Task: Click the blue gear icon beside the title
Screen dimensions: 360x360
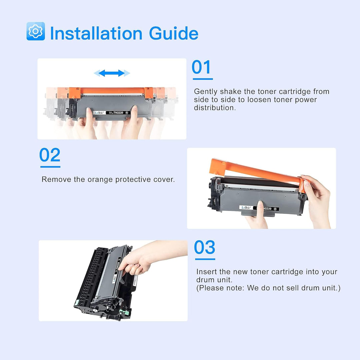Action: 36,31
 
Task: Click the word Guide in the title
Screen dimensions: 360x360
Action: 174,33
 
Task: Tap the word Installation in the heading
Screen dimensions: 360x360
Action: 96,33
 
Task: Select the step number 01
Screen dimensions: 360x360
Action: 201,67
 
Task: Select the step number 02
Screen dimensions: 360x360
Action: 50,155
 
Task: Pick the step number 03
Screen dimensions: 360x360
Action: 205,247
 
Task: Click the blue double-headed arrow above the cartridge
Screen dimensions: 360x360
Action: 112,73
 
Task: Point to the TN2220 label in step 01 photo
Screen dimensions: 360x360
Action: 118,113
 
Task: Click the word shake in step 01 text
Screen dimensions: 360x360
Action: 231,92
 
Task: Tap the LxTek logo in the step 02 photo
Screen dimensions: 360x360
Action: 246,208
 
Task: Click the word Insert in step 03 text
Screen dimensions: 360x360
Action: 207,272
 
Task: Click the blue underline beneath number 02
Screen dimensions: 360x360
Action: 50,167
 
